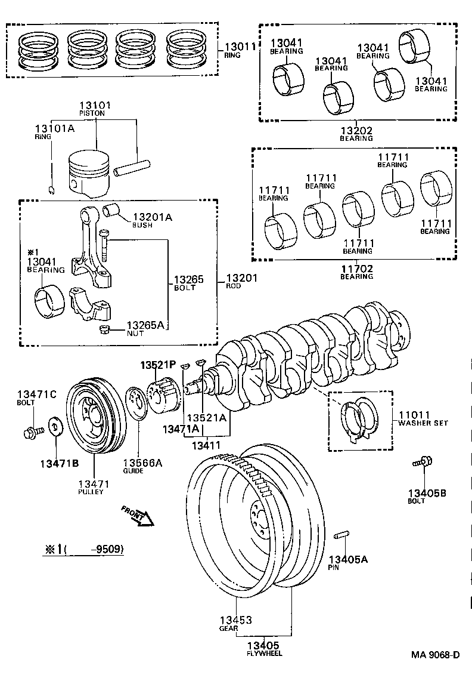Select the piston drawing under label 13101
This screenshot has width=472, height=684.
(89, 173)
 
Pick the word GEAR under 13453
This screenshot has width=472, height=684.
(228, 628)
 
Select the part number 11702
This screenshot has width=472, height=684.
(356, 269)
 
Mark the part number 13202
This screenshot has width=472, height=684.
(356, 130)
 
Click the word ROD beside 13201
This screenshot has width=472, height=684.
(233, 286)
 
